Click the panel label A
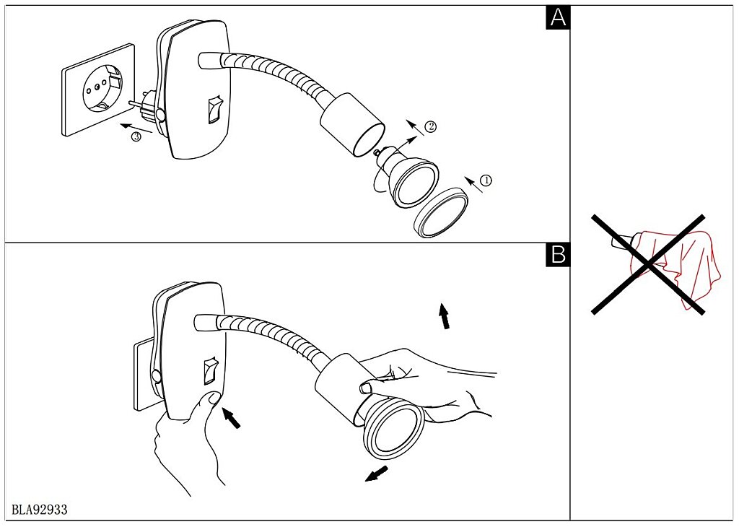coord(558,17)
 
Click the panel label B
coord(558,254)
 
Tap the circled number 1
coord(486,180)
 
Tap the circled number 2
coord(430,127)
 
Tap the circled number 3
coord(136,138)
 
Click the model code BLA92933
coord(40,510)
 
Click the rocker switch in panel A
coord(212,110)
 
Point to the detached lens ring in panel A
coord(441,212)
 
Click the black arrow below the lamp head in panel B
coord(377,474)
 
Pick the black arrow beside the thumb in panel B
coord(232,418)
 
